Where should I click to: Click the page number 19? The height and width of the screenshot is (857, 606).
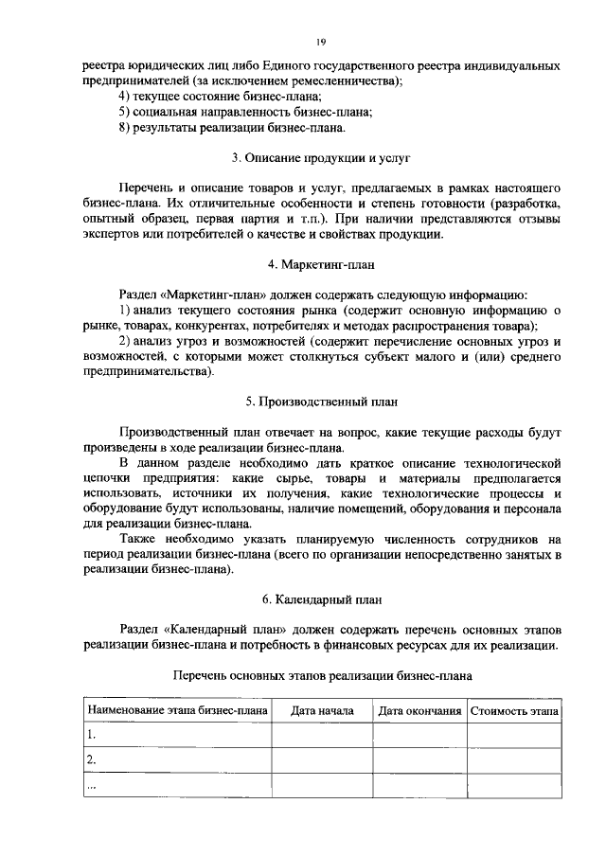point(321,42)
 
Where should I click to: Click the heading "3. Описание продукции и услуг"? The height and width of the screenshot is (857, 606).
point(321,156)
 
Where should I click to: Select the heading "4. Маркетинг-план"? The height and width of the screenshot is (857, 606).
point(321,263)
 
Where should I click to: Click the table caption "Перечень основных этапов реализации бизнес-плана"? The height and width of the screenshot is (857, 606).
point(321,675)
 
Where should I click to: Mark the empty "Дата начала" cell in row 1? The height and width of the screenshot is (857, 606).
point(322,735)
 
